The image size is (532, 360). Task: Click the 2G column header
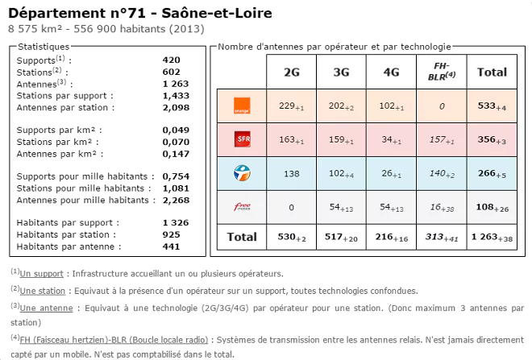[x=292, y=72]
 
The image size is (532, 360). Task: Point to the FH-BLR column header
[x=441, y=71]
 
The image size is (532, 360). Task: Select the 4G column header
[x=391, y=72]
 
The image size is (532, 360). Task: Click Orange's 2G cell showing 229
[x=292, y=106]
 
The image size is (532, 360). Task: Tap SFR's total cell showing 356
[x=492, y=139]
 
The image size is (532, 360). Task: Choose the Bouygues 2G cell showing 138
[x=292, y=173]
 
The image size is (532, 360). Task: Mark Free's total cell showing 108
[x=492, y=207]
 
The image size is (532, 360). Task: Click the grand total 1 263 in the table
[x=492, y=237]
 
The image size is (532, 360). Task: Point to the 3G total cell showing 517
[x=342, y=237]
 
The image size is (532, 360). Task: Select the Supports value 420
[x=171, y=60]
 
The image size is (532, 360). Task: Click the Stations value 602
[x=171, y=72]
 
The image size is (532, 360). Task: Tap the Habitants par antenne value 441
[x=171, y=246]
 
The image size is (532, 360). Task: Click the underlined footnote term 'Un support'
[x=43, y=274]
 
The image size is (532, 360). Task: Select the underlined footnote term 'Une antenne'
[x=45, y=307]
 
